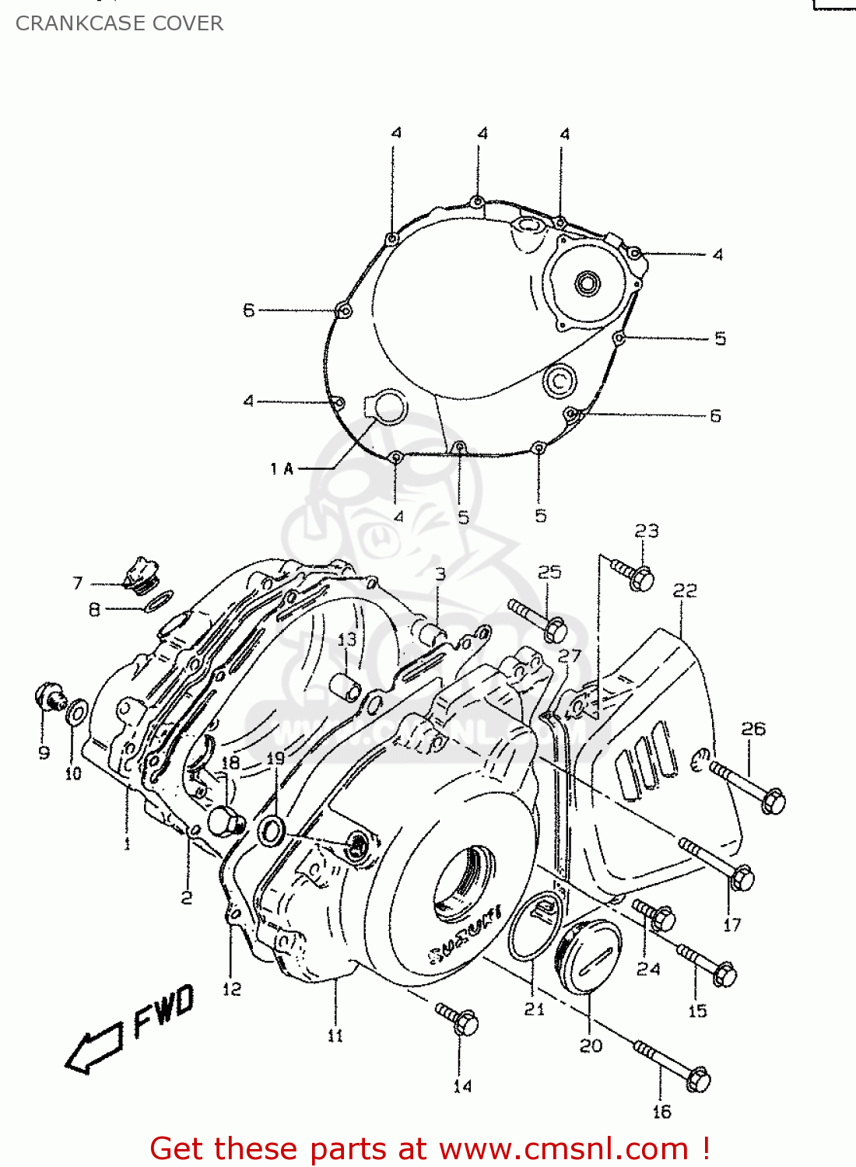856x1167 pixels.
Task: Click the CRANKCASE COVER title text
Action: tap(119, 23)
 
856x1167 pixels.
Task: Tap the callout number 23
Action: tap(646, 531)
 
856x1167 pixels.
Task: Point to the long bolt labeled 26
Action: tap(747, 786)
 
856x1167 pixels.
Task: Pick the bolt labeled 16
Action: tap(674, 1066)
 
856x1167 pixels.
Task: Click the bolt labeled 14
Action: tap(458, 1018)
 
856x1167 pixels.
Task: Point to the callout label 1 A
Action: tap(282, 468)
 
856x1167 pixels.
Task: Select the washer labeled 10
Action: tap(77, 712)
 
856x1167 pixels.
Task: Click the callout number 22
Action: tap(684, 591)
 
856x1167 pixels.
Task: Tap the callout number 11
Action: tap(335, 1036)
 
